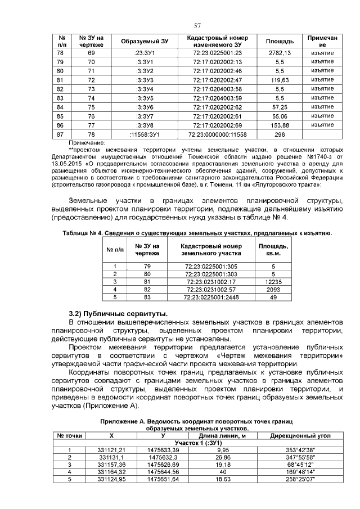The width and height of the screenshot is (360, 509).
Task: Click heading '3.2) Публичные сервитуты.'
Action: click(118, 312)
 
